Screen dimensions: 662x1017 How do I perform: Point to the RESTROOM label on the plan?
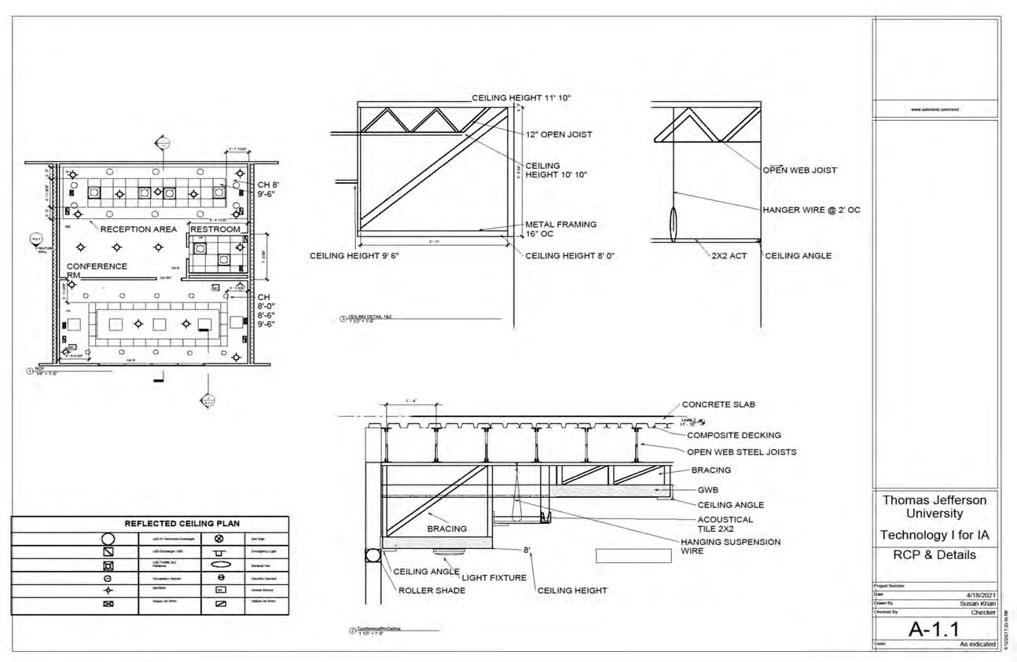point(215,229)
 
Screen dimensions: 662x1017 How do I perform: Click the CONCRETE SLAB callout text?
point(719,405)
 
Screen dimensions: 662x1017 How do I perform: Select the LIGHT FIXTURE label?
point(495,578)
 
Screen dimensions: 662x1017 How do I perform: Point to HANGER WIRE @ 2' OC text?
point(811,210)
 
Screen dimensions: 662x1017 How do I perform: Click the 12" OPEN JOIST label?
point(559,134)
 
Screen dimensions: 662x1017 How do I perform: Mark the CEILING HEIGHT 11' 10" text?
point(521,98)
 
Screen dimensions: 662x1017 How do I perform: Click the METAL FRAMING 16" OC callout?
point(560,229)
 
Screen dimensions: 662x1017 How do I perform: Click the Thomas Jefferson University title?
point(934,507)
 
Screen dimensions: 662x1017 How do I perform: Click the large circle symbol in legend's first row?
point(108,539)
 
